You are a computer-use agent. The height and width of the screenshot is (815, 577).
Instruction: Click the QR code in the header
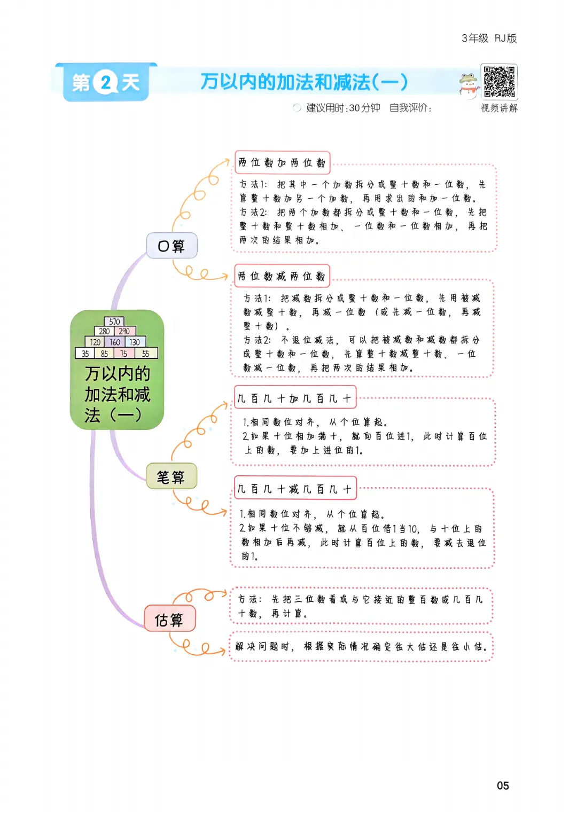[x=499, y=82]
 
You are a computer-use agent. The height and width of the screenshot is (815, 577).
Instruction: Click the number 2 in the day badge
[x=106, y=83]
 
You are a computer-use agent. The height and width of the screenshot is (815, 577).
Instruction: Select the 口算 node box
[x=171, y=246]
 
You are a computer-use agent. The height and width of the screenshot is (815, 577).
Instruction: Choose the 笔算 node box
[x=171, y=476]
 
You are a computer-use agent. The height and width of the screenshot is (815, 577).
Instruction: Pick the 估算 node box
[x=169, y=620]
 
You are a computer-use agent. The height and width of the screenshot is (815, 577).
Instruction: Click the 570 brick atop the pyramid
[x=114, y=322]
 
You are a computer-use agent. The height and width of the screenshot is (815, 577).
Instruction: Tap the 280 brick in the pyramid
[x=104, y=331]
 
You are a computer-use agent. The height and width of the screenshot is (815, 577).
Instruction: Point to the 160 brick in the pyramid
[x=115, y=342]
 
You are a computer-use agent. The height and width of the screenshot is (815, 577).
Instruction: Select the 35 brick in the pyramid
[x=85, y=353]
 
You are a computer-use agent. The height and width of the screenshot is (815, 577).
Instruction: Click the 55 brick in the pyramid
[x=146, y=353]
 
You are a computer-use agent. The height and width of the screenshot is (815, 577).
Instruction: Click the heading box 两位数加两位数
[x=282, y=163]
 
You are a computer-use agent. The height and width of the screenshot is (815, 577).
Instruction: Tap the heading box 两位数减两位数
[x=282, y=276]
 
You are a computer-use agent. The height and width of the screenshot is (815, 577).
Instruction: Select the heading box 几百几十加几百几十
[x=294, y=398]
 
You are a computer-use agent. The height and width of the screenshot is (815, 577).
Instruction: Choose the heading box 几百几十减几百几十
[x=294, y=488]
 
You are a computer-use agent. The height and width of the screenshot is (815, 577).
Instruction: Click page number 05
[x=503, y=786]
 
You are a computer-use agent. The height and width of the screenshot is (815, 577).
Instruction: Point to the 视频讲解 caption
[x=499, y=108]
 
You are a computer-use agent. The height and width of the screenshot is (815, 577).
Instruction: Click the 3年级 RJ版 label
[x=489, y=38]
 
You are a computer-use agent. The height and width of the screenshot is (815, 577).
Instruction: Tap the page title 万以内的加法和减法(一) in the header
[x=304, y=82]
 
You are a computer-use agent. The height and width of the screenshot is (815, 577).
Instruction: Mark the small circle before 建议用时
[x=297, y=108]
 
